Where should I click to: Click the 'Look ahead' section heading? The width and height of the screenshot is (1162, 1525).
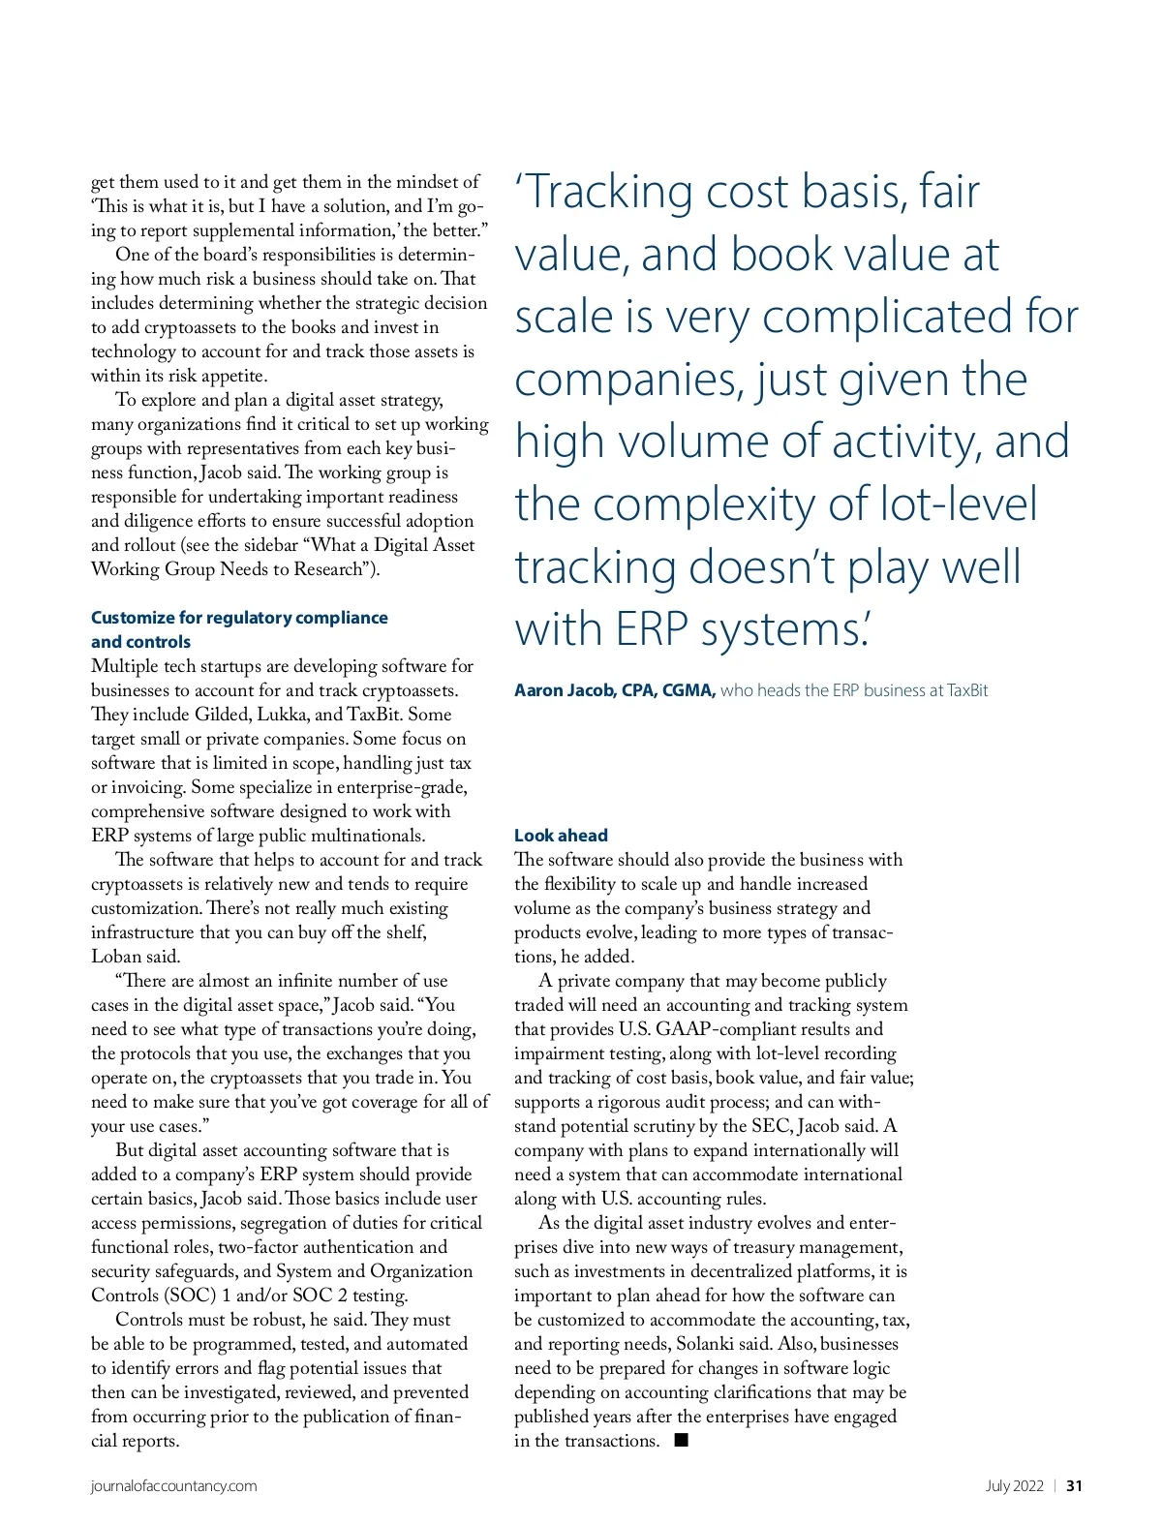[x=561, y=835]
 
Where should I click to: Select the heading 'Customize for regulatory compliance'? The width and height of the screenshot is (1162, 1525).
[x=239, y=618]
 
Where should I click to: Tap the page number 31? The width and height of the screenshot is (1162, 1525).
[x=1074, y=1486]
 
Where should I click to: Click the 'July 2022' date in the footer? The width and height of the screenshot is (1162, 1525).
[x=1014, y=1486]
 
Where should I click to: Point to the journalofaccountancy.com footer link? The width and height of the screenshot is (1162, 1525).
[x=174, y=1486]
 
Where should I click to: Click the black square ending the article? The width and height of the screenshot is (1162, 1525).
[x=682, y=1440]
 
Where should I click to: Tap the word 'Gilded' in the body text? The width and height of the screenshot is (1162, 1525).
[x=222, y=715]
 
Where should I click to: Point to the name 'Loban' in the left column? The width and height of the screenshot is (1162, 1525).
[x=116, y=957]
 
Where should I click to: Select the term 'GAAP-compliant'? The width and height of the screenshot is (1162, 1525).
[x=719, y=1029]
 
